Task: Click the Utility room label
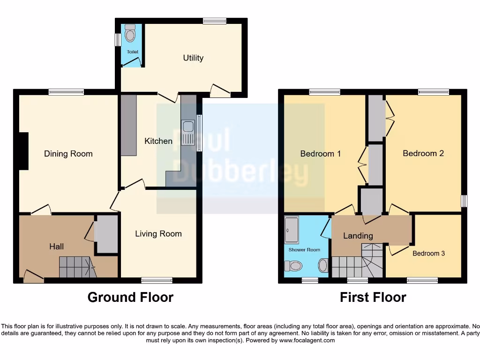pos(193,58)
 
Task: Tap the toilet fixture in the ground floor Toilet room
pos(130,33)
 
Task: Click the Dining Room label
pos(68,154)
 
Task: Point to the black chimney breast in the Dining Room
pos(23,151)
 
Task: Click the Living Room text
pos(158,233)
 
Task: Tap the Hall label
pos(57,246)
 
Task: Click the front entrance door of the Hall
pos(33,277)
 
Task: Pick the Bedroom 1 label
pos(321,153)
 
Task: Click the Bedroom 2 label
pos(423,153)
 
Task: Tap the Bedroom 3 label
pos(429,253)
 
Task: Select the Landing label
pos(358,236)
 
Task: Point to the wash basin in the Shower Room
pos(323,266)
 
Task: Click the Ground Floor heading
pos(130,297)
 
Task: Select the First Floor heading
pos(373,297)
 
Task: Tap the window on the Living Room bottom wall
pos(157,280)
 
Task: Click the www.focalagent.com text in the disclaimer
pos(307,340)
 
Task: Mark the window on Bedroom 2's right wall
pos(464,201)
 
